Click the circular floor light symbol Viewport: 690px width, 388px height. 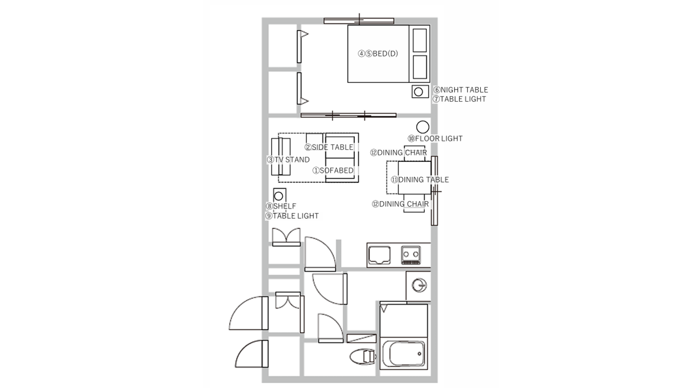(423, 127)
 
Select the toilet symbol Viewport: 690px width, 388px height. (363, 357)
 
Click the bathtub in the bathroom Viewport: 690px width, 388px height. (404, 354)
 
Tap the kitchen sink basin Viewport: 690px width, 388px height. (379, 255)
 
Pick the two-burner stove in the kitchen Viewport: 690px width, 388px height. (411, 255)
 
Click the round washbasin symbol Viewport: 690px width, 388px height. (419, 285)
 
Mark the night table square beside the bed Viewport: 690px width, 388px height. (420, 92)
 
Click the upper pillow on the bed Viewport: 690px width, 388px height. (419, 40)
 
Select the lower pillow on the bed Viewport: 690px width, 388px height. (419, 67)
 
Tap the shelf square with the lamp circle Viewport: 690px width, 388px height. (279, 196)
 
